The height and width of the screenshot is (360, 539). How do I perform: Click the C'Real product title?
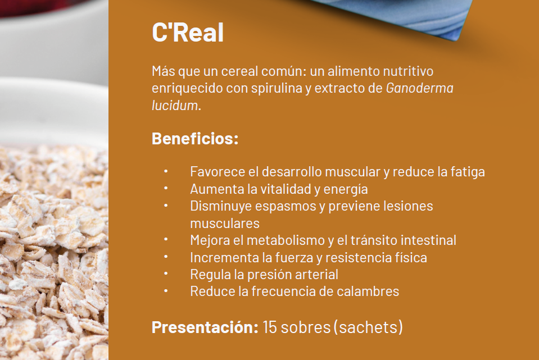(x=188, y=32)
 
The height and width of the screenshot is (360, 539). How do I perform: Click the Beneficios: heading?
(x=195, y=138)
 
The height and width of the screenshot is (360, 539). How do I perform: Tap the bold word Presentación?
(x=205, y=327)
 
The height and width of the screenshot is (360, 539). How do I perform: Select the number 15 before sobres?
(x=270, y=327)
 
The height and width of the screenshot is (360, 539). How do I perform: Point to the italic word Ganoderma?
(x=420, y=88)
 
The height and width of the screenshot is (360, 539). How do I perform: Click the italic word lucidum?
(x=176, y=106)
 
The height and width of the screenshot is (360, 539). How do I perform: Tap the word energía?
(x=346, y=189)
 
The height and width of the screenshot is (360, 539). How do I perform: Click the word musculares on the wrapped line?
(x=225, y=224)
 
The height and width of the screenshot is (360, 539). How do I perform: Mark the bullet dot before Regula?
(x=166, y=274)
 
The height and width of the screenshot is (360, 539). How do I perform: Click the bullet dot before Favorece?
(x=166, y=171)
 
